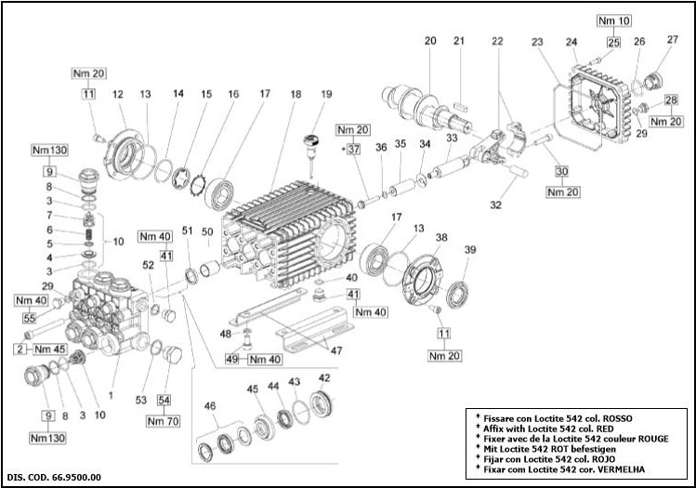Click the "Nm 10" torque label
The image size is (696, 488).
pos(612,20)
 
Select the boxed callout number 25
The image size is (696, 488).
pos(613,41)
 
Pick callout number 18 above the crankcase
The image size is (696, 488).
pos(295,95)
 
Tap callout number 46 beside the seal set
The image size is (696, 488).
pos(209,406)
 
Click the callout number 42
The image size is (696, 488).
pos(323,378)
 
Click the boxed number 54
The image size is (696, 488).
pos(164,400)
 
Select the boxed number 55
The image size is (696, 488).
pos(29,318)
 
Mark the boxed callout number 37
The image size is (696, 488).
pos(353,149)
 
